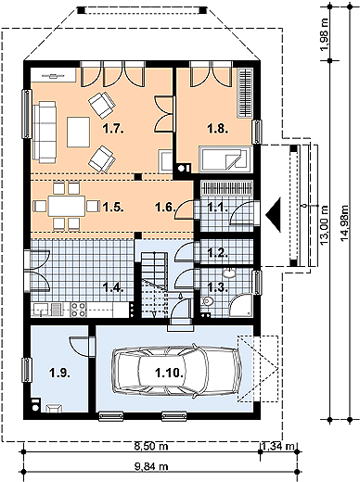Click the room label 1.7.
click(113, 129)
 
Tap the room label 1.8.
click(218, 129)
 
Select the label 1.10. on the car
click(170, 374)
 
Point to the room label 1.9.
click(59, 374)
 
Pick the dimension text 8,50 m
click(151, 446)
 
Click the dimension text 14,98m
click(344, 222)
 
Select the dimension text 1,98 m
click(325, 34)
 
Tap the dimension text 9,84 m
click(151, 466)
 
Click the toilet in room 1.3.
click(207, 300)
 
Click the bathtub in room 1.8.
click(225, 159)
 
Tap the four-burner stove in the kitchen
click(78, 310)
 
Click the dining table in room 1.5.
click(67, 206)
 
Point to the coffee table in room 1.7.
click(79, 132)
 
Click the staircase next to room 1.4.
click(154, 285)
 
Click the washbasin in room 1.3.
click(229, 273)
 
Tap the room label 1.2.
click(218, 253)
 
